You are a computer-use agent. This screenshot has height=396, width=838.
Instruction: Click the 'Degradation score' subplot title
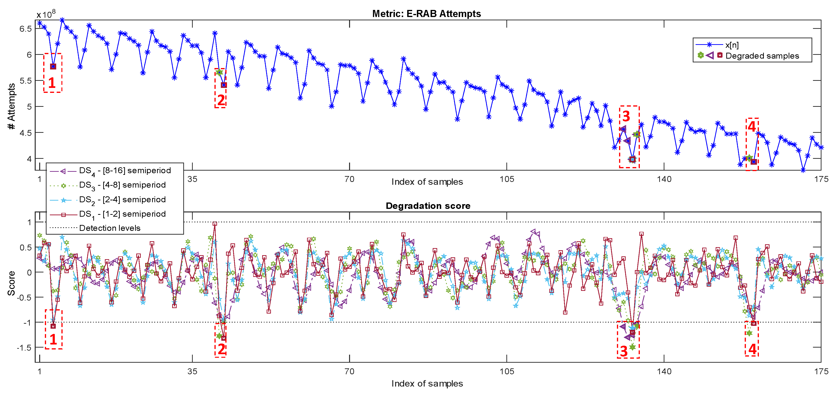(428, 206)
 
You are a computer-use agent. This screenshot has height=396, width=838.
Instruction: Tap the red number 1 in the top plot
(52, 83)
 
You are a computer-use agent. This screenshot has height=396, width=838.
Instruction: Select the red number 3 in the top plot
(626, 116)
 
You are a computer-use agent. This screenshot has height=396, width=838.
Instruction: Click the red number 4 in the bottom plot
(752, 349)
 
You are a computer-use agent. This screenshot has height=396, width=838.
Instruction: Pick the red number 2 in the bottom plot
(222, 349)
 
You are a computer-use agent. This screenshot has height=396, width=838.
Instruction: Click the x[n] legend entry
(732, 45)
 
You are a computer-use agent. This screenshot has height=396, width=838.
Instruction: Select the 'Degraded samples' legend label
(762, 56)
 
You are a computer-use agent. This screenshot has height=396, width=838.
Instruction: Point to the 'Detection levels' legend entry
(110, 228)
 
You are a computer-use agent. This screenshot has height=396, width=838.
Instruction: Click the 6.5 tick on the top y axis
(25, 29)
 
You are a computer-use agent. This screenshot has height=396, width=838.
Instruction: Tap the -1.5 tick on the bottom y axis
(24, 348)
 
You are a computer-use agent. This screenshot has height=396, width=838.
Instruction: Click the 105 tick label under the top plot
(507, 179)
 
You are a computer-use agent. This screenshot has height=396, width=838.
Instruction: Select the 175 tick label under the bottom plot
(821, 371)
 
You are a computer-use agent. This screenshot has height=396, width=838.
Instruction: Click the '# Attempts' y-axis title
(11, 106)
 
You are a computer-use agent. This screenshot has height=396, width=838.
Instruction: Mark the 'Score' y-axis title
(11, 283)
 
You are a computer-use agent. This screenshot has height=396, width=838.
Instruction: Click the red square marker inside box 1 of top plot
(53, 66)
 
